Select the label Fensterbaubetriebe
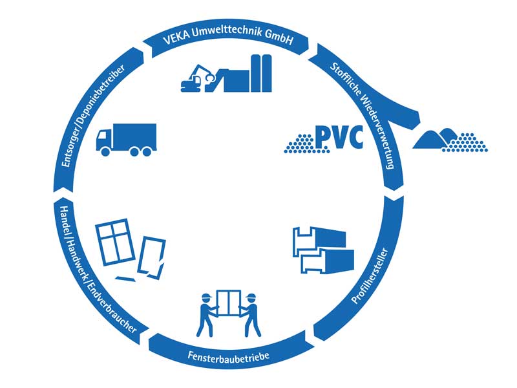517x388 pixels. click(x=224, y=356)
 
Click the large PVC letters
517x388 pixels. click(x=339, y=137)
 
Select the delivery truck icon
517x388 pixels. click(x=125, y=139)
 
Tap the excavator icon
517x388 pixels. click(x=200, y=78)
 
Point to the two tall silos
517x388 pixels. click(x=262, y=72)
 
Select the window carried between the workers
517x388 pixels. click(x=229, y=306)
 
